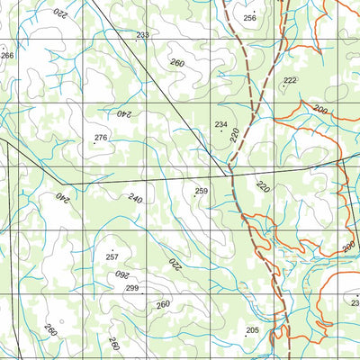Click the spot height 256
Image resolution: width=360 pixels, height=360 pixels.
click(x=249, y=18)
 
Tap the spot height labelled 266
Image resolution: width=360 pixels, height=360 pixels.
click(x=8, y=56)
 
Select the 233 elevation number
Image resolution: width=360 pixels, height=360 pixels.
click(x=142, y=35)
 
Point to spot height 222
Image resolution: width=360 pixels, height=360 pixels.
click(x=289, y=80)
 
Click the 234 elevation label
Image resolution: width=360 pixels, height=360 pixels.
click(x=220, y=124)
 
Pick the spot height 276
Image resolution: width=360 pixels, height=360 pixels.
click(x=101, y=138)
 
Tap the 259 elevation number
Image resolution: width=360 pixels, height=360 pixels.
click(x=202, y=191)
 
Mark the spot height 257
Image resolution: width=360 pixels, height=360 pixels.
click(x=112, y=257)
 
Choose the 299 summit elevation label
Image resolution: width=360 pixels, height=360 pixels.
click(x=132, y=288)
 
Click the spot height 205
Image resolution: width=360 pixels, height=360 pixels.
click(x=252, y=331)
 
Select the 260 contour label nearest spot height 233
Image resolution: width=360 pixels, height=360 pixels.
click(x=176, y=63)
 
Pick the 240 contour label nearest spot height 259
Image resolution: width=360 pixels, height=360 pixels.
click(x=135, y=198)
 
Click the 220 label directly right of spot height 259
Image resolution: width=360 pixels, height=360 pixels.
click(x=262, y=187)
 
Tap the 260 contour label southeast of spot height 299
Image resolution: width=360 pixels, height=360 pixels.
click(x=162, y=305)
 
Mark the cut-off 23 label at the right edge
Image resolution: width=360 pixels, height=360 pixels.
click(x=355, y=303)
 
